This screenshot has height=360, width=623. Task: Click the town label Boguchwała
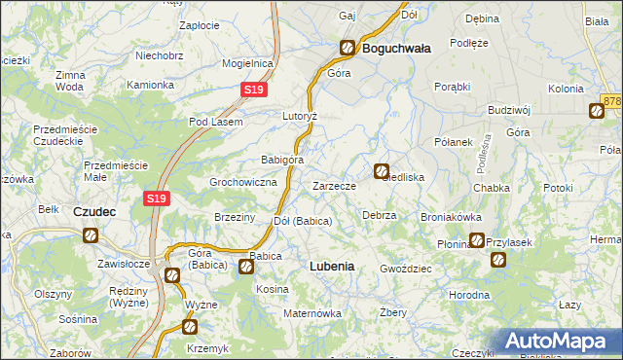(395, 47)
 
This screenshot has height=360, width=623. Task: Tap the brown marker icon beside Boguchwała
(348, 47)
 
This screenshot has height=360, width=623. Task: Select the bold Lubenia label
(331, 266)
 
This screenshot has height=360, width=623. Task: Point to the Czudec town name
(96, 210)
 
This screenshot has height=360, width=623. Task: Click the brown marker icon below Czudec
(91, 234)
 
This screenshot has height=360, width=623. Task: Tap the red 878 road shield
(612, 100)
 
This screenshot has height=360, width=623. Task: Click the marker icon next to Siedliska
(382, 170)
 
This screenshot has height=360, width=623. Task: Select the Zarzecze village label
(340, 186)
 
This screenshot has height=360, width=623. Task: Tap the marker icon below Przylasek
(498, 260)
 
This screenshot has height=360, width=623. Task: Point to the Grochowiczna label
(244, 182)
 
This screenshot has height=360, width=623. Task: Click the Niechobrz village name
(161, 56)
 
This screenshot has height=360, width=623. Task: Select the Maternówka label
(311, 313)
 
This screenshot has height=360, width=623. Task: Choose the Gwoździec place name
(405, 268)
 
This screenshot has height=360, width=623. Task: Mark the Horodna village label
(469, 294)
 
